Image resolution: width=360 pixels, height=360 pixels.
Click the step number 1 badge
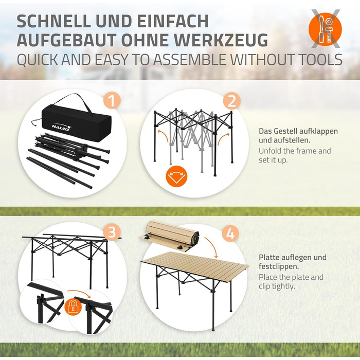[x=112, y=101]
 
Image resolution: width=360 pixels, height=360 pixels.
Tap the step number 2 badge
[x=231, y=101]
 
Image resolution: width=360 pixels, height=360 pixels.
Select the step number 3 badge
[x=112, y=232]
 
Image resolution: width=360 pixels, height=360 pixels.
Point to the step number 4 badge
[x=230, y=233]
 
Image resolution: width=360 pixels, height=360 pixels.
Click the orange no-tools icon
[x=325, y=29]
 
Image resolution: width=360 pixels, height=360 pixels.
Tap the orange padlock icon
[x=74, y=307]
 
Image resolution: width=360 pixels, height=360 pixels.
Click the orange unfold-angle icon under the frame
[x=176, y=176]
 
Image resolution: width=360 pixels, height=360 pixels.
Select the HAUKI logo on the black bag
[x=62, y=127]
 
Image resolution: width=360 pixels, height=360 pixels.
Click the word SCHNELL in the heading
[x=54, y=21]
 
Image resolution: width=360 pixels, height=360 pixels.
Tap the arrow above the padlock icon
[x=79, y=293]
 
